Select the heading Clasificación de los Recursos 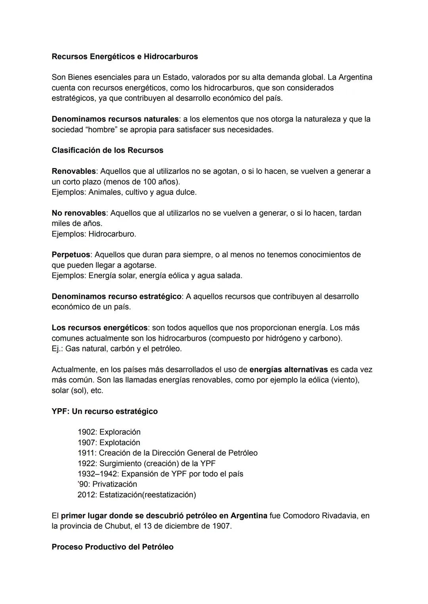(107, 151)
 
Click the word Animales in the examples (105, 192)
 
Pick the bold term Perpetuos (71, 255)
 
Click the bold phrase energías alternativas (289, 370)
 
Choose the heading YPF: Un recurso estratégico (105, 412)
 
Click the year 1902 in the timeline (87, 432)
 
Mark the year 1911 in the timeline (87, 453)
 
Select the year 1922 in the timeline (87, 463)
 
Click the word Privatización (115, 484)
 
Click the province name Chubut (120, 526)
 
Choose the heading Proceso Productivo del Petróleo (113, 547)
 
